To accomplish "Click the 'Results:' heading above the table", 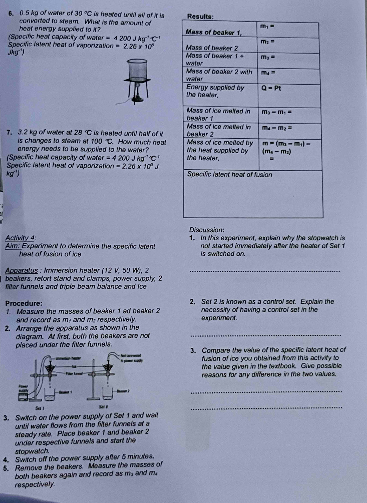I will point(200,17).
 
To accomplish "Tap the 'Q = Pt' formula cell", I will point(271,88).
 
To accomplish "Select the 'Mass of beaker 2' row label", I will point(212,48).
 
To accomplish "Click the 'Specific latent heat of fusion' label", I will point(230,175).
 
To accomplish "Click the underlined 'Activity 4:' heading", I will point(20,238).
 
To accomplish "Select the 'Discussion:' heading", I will point(207,230).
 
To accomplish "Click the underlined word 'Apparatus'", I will point(21,270).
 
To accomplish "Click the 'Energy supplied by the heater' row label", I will point(215,91).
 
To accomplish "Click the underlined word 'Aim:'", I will point(13,246).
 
